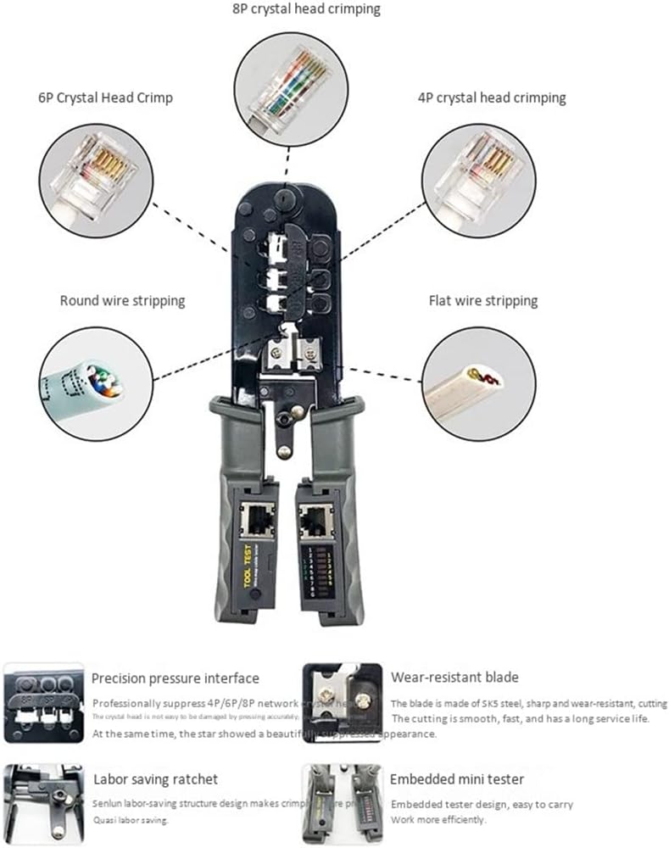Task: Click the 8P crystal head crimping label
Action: pyautogui.click(x=307, y=9)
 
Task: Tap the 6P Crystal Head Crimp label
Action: pyautogui.click(x=105, y=98)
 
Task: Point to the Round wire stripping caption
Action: pyautogui.click(x=122, y=300)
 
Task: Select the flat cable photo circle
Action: pyautogui.click(x=478, y=384)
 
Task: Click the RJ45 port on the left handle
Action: pyautogui.click(x=254, y=518)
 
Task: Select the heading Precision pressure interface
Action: pyautogui.click(x=175, y=678)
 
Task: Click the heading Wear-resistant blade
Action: pyautogui.click(x=454, y=677)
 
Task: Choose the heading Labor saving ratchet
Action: pyautogui.click(x=154, y=778)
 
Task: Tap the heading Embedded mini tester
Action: pyautogui.click(x=456, y=778)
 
